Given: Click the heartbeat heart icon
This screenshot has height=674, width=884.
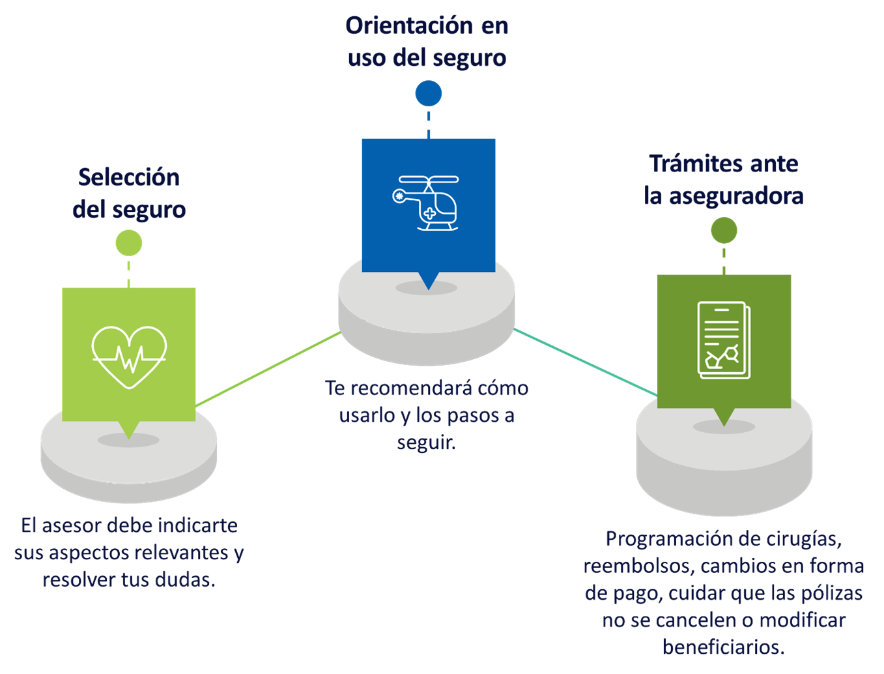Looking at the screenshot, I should pos(129,356).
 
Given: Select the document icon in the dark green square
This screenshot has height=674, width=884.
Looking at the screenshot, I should pos(724,340).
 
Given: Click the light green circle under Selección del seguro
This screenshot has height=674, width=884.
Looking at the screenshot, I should pos(129,243).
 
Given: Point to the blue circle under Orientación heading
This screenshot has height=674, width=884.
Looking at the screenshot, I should pos(429,93).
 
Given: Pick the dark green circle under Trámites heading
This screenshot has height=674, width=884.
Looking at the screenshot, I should pos(724,230).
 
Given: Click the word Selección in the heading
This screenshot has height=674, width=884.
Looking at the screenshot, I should pos(129,177).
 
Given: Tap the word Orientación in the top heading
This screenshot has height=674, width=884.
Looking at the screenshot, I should pos(409,25).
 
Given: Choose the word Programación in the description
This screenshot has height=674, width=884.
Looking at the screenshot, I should pos(662,539).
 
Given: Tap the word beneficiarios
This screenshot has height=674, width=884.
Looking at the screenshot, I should pos(723,647).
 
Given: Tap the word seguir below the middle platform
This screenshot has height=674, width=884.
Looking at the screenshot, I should pos(426,443).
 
